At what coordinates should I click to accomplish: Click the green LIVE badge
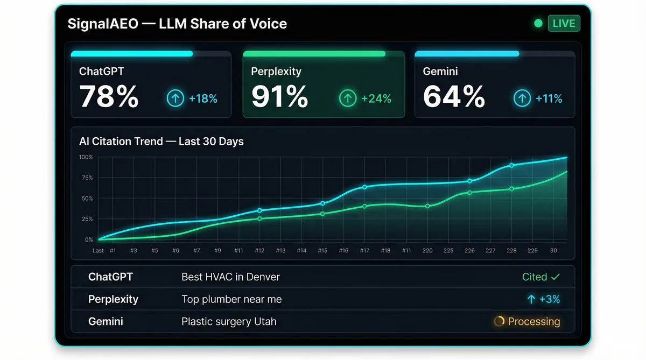pos(564,23)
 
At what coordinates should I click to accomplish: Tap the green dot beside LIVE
pos(538,23)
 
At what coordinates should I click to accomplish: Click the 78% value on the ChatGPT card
pos(109,97)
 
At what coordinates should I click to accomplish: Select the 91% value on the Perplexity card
pos(280,97)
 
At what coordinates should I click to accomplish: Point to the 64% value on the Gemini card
pos(454,97)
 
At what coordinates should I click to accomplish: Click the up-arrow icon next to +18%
pos(175,98)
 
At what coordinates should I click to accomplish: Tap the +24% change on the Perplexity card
pos(376,98)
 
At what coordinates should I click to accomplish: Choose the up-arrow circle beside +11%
pos(521,98)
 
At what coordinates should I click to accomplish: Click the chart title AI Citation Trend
pos(161,142)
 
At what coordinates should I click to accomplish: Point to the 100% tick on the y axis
pos(86,157)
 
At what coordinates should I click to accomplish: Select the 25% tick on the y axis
pos(87,219)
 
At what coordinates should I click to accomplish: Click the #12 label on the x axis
pos(259,251)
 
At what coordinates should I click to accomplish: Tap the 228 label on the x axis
pos(511,251)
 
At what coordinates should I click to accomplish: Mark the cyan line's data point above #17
pos(364,187)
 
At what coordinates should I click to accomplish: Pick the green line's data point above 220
pos(427,206)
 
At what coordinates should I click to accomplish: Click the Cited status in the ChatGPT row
pos(540,277)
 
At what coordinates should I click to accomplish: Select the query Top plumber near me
pos(231,299)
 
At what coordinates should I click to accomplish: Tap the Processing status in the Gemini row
pos(528,322)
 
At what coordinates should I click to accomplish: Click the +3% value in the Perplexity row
pos(544,299)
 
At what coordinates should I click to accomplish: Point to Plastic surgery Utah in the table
pos(229,322)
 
